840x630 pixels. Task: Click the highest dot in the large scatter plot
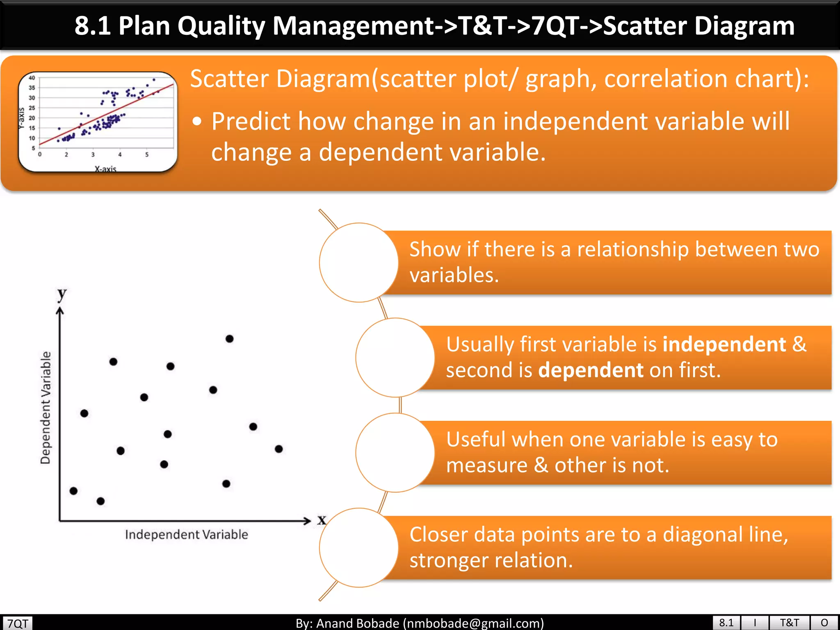click(x=230, y=339)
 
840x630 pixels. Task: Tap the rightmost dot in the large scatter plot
click(x=279, y=449)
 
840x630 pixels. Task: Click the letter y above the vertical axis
click(x=62, y=294)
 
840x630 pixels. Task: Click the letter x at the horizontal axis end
click(x=322, y=520)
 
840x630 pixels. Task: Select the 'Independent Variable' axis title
click(x=187, y=534)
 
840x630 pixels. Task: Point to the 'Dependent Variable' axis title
click(x=46, y=407)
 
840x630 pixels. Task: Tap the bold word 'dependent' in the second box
click(x=591, y=370)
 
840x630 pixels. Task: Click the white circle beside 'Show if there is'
click(x=359, y=262)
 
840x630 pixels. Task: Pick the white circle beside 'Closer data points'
click(x=359, y=548)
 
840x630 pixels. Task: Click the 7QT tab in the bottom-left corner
click(x=18, y=623)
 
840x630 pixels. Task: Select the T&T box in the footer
click(x=789, y=623)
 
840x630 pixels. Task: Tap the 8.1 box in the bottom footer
click(x=726, y=623)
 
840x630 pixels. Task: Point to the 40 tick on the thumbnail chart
click(x=32, y=78)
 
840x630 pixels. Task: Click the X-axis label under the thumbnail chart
click(x=105, y=169)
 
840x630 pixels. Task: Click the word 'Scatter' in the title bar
click(x=646, y=26)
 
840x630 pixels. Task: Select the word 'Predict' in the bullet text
click(x=251, y=122)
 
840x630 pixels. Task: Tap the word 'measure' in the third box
click(x=487, y=465)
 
